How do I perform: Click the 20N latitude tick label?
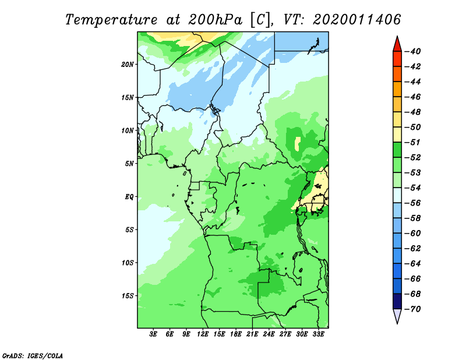tap(128, 65)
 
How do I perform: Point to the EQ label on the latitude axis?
tap(129, 197)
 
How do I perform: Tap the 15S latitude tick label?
tap(128, 296)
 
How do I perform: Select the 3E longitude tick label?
tap(153, 334)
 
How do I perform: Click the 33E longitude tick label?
tap(318, 334)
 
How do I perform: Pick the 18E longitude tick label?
tap(236, 334)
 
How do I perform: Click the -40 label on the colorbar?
tap(412, 51)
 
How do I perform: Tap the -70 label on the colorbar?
tap(412, 309)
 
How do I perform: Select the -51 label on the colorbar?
tap(412, 142)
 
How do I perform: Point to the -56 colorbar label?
tap(412, 203)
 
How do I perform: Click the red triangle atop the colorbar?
tap(397, 44)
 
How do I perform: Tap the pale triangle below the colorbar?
tap(397, 316)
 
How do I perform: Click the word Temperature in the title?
tap(111, 20)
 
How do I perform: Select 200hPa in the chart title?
tap(215, 20)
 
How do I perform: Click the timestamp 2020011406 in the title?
tap(357, 20)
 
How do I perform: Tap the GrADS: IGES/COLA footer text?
tap(33, 356)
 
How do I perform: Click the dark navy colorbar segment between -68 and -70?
tap(397, 301)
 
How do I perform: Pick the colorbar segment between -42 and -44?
tap(397, 74)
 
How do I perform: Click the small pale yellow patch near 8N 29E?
tap(298, 143)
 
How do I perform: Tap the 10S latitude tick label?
tap(128, 263)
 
